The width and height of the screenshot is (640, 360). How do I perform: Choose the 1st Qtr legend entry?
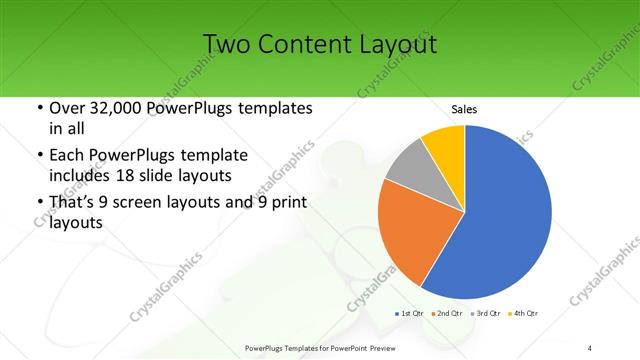409,313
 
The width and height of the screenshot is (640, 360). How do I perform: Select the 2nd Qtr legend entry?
446,313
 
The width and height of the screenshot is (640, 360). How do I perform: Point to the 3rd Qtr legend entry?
484,313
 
